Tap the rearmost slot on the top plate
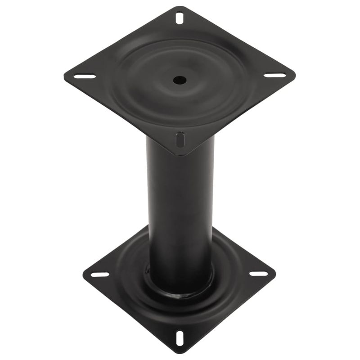click(x=180, y=18)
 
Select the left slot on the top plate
click(x=85, y=76)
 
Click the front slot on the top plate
click(x=180, y=139)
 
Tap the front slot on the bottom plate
click(x=180, y=337)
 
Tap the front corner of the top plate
click(x=180, y=156)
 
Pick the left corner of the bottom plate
click(x=84, y=272)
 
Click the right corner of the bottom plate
click(x=275, y=272)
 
